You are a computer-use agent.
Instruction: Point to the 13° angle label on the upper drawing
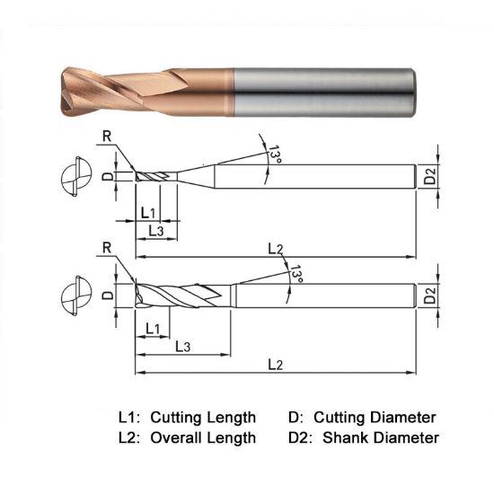272,156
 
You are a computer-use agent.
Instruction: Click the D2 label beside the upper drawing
433,176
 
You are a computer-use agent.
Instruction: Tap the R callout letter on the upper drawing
108,137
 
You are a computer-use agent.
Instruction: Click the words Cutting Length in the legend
203,418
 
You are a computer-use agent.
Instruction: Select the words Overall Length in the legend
203,438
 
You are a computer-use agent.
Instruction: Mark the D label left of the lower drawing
107,295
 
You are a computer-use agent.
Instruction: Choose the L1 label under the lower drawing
152,329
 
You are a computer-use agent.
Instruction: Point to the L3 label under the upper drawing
154,231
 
